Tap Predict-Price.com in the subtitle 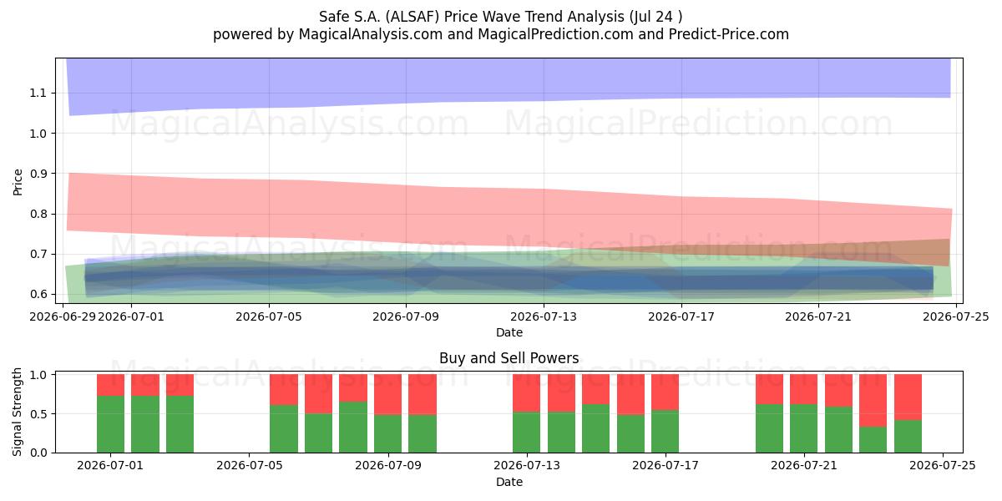coord(729,34)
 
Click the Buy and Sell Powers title coord(509,358)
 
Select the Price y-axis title coord(18,182)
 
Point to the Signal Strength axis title coord(17,412)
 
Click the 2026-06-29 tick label coord(63,316)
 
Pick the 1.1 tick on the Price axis coord(38,93)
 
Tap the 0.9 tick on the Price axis coord(38,174)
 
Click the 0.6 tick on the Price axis coord(38,294)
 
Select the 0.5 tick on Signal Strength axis coord(40,414)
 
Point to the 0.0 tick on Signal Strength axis coord(40,453)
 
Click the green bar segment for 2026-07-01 coord(110,424)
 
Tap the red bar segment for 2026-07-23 coord(873,400)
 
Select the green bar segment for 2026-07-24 coord(908,436)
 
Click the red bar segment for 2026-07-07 coord(318,393)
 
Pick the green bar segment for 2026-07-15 coord(596,428)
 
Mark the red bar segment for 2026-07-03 coord(180,385)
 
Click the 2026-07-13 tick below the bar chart coord(527,465)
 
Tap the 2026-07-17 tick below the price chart coord(681,316)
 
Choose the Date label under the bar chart coord(509,482)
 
